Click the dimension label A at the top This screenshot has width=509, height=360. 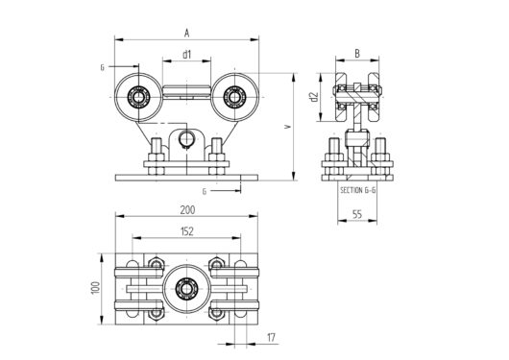coord(186,32)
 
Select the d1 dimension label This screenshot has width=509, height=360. coord(186,55)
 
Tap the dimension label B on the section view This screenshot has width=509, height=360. coord(356,54)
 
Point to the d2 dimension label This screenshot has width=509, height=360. coord(313,96)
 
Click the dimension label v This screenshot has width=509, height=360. coord(287,125)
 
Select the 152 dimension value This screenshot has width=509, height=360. coord(186,231)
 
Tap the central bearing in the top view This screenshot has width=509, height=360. coord(186,287)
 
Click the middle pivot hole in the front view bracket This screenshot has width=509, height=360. coord(186,141)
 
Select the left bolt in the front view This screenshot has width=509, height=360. coord(155,154)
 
